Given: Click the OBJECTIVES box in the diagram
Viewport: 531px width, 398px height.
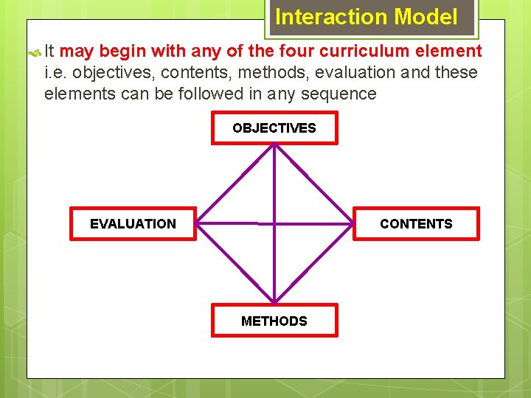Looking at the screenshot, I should [274, 128].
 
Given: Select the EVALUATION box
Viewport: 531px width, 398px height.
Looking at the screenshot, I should [133, 224].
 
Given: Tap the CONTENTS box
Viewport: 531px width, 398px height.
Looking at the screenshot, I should [416, 224].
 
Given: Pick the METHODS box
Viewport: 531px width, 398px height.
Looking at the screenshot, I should [274, 321].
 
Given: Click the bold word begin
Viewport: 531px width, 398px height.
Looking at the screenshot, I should [122, 51].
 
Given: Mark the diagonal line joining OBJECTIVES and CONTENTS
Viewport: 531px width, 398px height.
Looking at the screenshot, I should [312, 183].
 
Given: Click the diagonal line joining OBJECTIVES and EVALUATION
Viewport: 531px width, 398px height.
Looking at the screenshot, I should [237, 183].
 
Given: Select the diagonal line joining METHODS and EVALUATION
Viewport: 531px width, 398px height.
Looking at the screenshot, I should [237, 263].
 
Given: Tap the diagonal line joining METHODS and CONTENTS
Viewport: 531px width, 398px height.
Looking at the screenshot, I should [312, 263].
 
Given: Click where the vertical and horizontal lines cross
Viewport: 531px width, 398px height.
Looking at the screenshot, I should [274, 223].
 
